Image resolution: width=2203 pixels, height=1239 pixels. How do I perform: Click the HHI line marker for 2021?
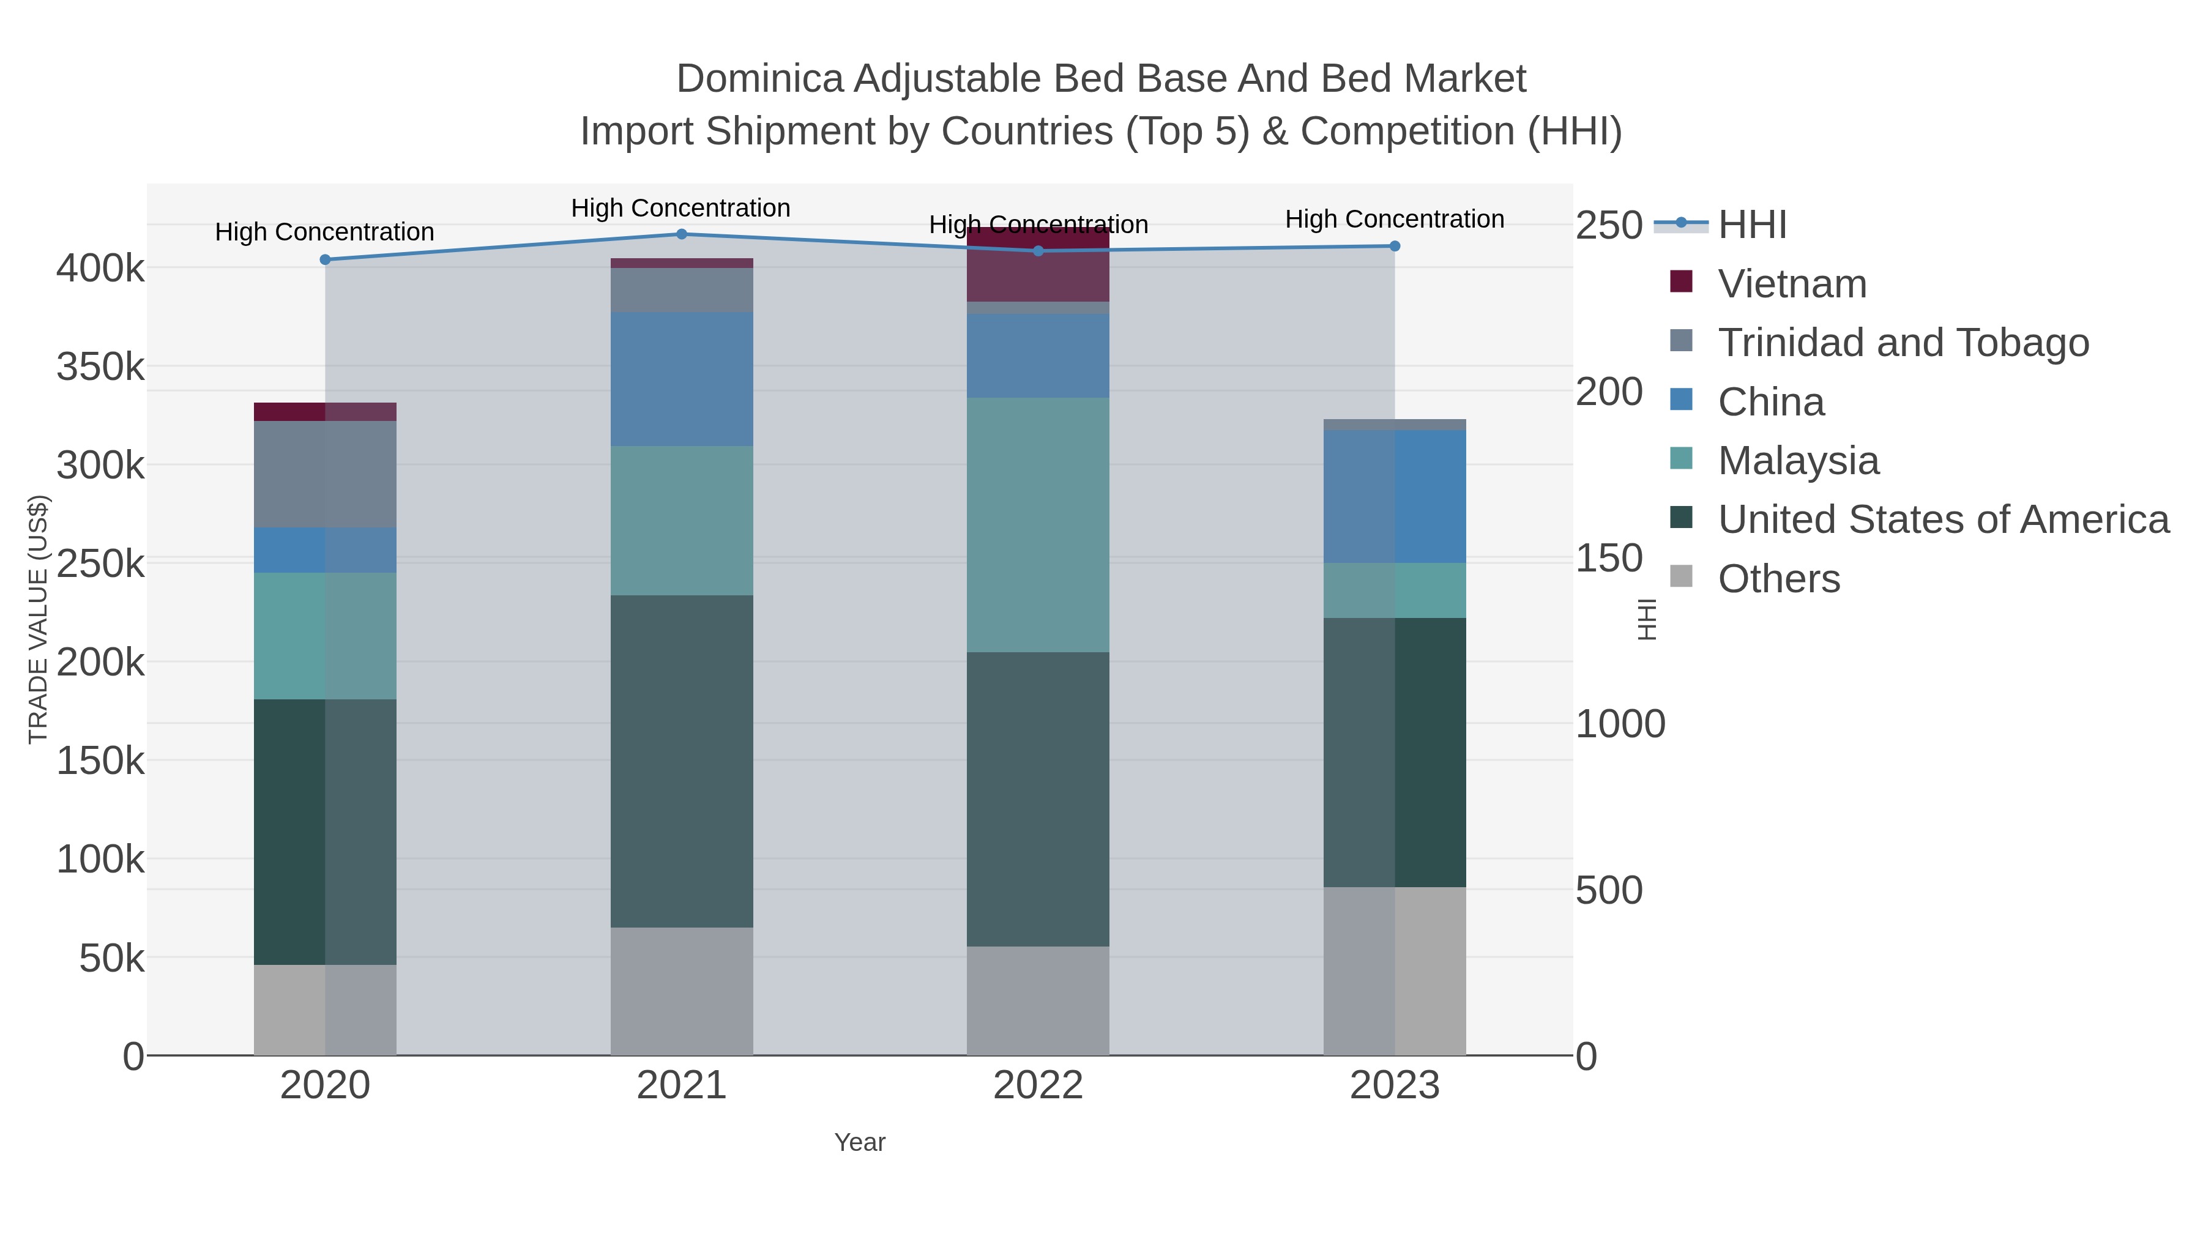tap(682, 234)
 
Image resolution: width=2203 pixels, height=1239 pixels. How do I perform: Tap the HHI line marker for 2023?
tap(1395, 246)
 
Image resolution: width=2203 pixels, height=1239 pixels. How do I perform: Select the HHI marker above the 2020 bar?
tap(325, 260)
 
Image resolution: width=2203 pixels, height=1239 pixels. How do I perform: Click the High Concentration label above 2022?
tap(1038, 225)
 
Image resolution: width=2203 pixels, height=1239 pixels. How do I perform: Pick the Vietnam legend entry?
tap(1792, 284)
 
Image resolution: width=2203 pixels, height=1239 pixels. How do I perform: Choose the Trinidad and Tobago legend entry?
tap(1903, 343)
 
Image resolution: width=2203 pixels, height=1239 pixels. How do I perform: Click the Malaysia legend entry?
tap(1798, 461)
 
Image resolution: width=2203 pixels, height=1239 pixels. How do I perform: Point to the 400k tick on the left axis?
tap(101, 269)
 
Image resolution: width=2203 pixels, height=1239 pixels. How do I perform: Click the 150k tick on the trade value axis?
tap(101, 760)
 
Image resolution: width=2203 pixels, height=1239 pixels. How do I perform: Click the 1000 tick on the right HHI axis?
tap(1620, 724)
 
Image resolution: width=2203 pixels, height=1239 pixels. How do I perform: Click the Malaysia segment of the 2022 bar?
tap(1038, 524)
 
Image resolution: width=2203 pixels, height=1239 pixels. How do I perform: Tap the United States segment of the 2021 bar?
tap(682, 761)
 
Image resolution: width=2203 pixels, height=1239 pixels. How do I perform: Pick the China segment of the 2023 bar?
tap(1395, 497)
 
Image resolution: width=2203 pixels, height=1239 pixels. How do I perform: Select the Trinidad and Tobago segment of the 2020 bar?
tap(325, 475)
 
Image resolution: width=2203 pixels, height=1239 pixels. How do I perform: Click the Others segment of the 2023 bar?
tap(1395, 970)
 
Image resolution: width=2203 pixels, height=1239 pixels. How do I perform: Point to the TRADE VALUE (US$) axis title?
tap(39, 619)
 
